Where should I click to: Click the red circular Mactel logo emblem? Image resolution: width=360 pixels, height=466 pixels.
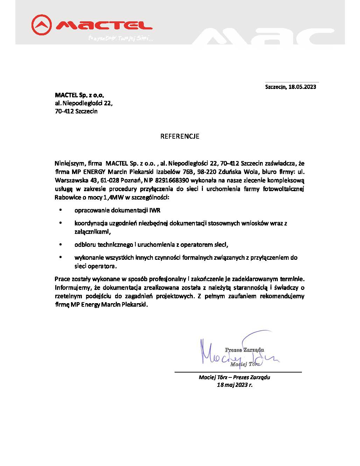pos(42,25)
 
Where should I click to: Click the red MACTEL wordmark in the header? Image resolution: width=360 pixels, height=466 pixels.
pos(104,25)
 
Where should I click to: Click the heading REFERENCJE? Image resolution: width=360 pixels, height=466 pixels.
pos(180,136)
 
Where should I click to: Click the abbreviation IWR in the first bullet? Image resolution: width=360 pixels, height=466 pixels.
pos(155,210)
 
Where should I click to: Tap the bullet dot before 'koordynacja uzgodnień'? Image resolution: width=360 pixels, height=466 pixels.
pos(61,223)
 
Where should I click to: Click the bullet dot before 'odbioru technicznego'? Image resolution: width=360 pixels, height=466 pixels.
pos(61,244)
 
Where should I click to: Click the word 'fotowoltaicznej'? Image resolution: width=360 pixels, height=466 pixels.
pos(284,189)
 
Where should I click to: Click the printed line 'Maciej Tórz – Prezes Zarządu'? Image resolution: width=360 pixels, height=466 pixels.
pos(234,377)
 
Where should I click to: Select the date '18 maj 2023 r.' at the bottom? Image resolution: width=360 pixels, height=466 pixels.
pos(234,384)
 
